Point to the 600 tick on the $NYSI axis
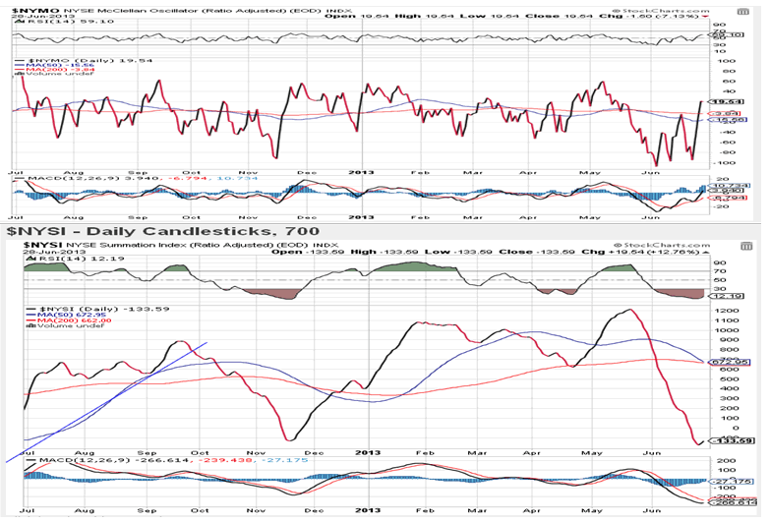pos(726,370)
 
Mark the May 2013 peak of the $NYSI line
pos(627,311)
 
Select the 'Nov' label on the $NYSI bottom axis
pos(258,511)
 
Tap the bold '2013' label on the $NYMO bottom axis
pos(362,215)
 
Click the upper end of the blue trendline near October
pos(207,342)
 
